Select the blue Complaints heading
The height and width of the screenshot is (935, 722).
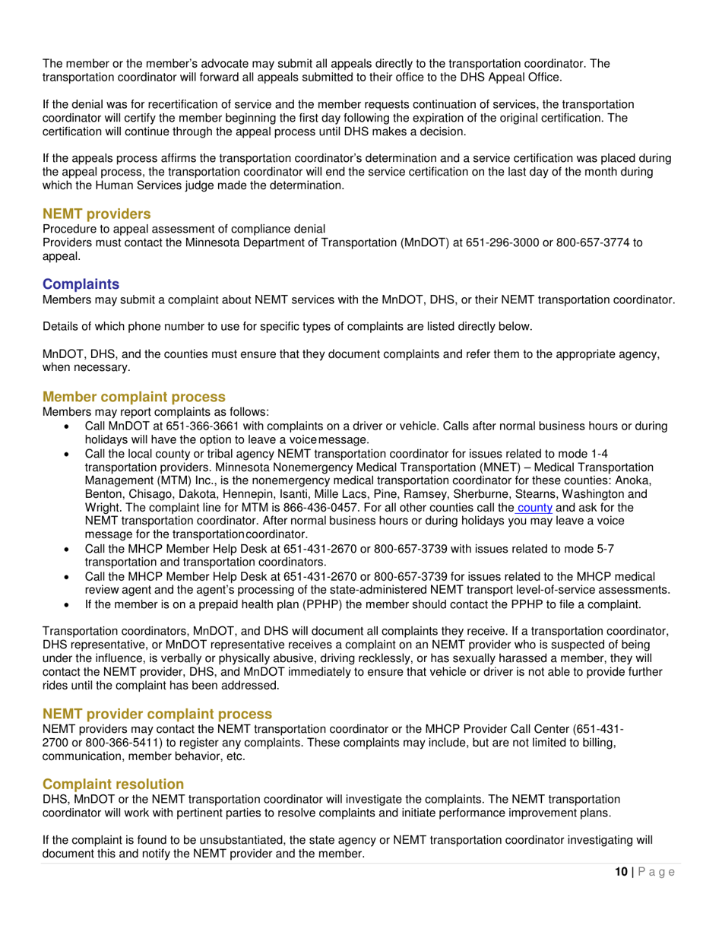click(x=81, y=284)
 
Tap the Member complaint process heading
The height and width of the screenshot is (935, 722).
click(x=134, y=397)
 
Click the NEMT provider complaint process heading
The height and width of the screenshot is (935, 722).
click(x=157, y=714)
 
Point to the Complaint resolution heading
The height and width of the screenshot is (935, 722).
click(x=113, y=784)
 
